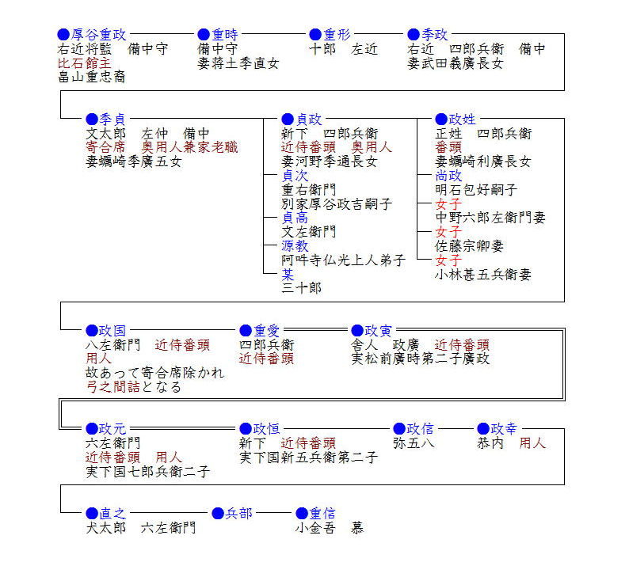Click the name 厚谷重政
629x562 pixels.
pos(99,35)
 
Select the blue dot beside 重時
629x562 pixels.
pos(204,35)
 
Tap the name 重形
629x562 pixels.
pos(337,35)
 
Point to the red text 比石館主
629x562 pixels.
pos(84,63)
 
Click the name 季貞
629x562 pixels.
pos(112,119)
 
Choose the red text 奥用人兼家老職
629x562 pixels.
pos(189,147)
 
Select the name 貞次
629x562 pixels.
pos(295,176)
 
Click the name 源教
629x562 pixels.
pos(295,245)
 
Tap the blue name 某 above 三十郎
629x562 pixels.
pos(288,274)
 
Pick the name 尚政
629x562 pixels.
pos(448,176)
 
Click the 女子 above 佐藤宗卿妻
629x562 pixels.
pos(448,232)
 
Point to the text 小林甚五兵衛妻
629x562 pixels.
pos(483,274)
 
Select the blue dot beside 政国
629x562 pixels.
pos(92,331)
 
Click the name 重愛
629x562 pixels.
pos(266,331)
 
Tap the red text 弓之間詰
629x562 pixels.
pos(113,387)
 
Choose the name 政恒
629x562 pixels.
pos(266,429)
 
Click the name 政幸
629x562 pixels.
pos(504,429)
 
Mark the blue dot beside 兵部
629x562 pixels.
pos(217,514)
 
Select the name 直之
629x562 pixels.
pos(112,514)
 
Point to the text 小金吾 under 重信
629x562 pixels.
pos(315,527)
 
